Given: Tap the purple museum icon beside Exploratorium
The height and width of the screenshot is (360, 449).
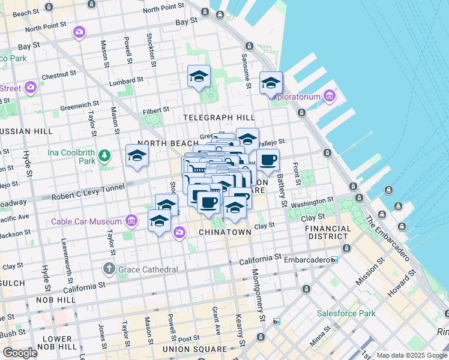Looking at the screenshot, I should tap(329, 95).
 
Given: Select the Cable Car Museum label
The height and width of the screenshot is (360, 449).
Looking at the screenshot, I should tap(86, 221).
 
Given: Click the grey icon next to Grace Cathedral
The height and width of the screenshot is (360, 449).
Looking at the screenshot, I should tap(109, 269).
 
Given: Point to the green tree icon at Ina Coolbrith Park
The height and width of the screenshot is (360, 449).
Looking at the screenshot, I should tap(105, 156).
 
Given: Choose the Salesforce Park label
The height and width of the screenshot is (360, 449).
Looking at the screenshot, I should tap(346, 313).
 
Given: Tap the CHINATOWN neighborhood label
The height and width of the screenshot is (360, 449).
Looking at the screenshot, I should tap(224, 232).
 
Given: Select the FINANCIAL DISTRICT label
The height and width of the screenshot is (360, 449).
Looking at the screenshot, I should tap(328, 232).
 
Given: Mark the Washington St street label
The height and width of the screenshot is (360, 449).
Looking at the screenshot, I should tap(312, 202).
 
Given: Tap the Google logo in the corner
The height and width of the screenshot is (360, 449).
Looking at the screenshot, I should tap(20, 353).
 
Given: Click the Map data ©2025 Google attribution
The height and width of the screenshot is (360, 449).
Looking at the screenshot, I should tap(412, 355).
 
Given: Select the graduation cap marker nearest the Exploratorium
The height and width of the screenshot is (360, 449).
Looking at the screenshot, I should tap(271, 83).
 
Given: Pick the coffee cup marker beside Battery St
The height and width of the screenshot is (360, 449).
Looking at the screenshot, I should tap(268, 160).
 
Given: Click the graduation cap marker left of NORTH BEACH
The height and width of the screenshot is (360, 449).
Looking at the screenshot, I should tap(137, 156).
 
